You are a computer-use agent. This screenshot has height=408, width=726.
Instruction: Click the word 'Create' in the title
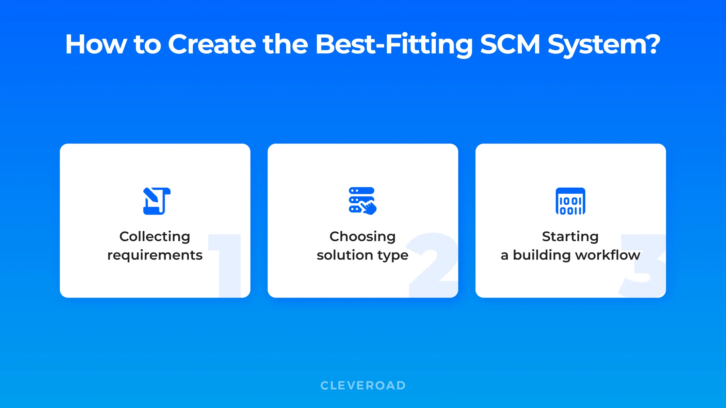[x=211, y=44]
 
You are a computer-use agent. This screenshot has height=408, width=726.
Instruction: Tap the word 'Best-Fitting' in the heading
[x=394, y=44]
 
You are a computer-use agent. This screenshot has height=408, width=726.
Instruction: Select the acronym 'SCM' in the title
[x=510, y=44]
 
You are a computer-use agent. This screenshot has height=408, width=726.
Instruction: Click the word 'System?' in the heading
[x=604, y=45]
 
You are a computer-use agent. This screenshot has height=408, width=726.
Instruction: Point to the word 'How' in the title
[x=96, y=44]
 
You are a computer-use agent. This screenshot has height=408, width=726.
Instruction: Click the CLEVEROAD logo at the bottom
[x=363, y=385]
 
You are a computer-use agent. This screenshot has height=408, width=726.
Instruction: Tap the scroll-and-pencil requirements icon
[x=157, y=201]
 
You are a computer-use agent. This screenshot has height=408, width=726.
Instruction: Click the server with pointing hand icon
[x=362, y=201]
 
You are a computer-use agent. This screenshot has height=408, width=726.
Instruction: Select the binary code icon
[x=570, y=201]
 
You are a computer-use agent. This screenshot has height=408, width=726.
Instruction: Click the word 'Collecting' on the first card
[x=155, y=237]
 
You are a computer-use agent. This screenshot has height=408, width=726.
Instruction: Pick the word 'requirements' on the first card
[x=155, y=255]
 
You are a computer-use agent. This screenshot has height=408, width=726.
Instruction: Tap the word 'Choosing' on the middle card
[x=362, y=237]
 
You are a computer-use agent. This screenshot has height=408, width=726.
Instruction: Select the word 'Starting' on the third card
[x=570, y=237]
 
